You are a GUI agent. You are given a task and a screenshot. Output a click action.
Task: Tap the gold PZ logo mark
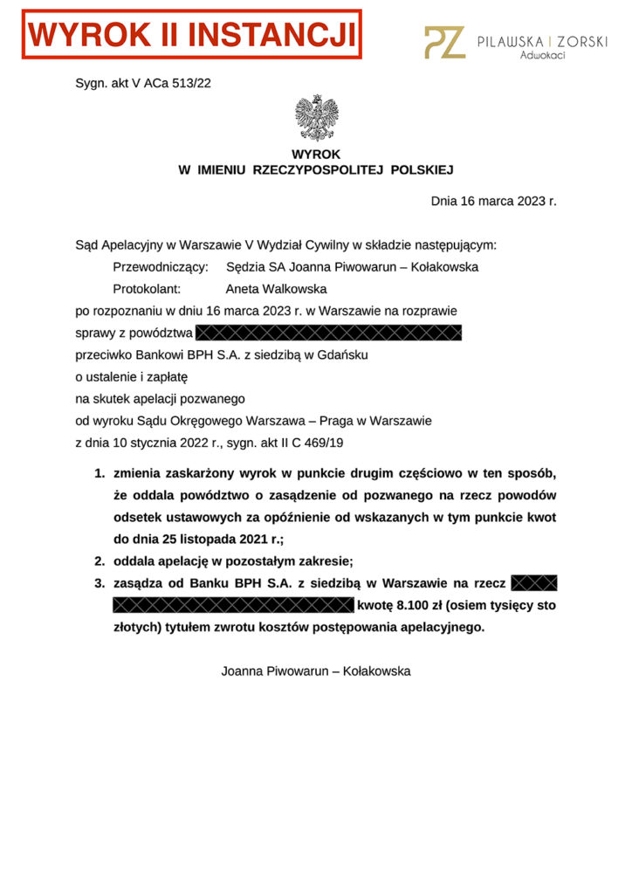[444, 42]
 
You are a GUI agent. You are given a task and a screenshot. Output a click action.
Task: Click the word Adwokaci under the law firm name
[542, 55]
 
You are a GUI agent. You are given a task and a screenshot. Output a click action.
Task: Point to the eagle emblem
[316, 118]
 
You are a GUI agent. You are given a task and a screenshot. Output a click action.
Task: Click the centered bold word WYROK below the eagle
[316, 154]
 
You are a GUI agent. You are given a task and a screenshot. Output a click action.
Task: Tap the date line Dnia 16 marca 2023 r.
[493, 201]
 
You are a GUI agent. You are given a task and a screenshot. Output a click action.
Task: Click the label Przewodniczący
[161, 267]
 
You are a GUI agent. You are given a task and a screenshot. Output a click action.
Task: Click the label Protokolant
[147, 289]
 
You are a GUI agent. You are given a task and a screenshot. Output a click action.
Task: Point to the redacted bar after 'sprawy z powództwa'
[328, 333]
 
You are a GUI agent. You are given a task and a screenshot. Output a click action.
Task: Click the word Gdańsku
[345, 355]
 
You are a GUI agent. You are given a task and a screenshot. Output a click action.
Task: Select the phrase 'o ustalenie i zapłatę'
[132, 377]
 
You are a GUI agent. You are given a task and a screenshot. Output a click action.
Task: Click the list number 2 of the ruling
[100, 561]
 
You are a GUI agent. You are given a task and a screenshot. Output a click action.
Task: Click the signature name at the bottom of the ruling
[316, 671]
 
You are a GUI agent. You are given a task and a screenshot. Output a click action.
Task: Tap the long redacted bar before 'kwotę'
[232, 605]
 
